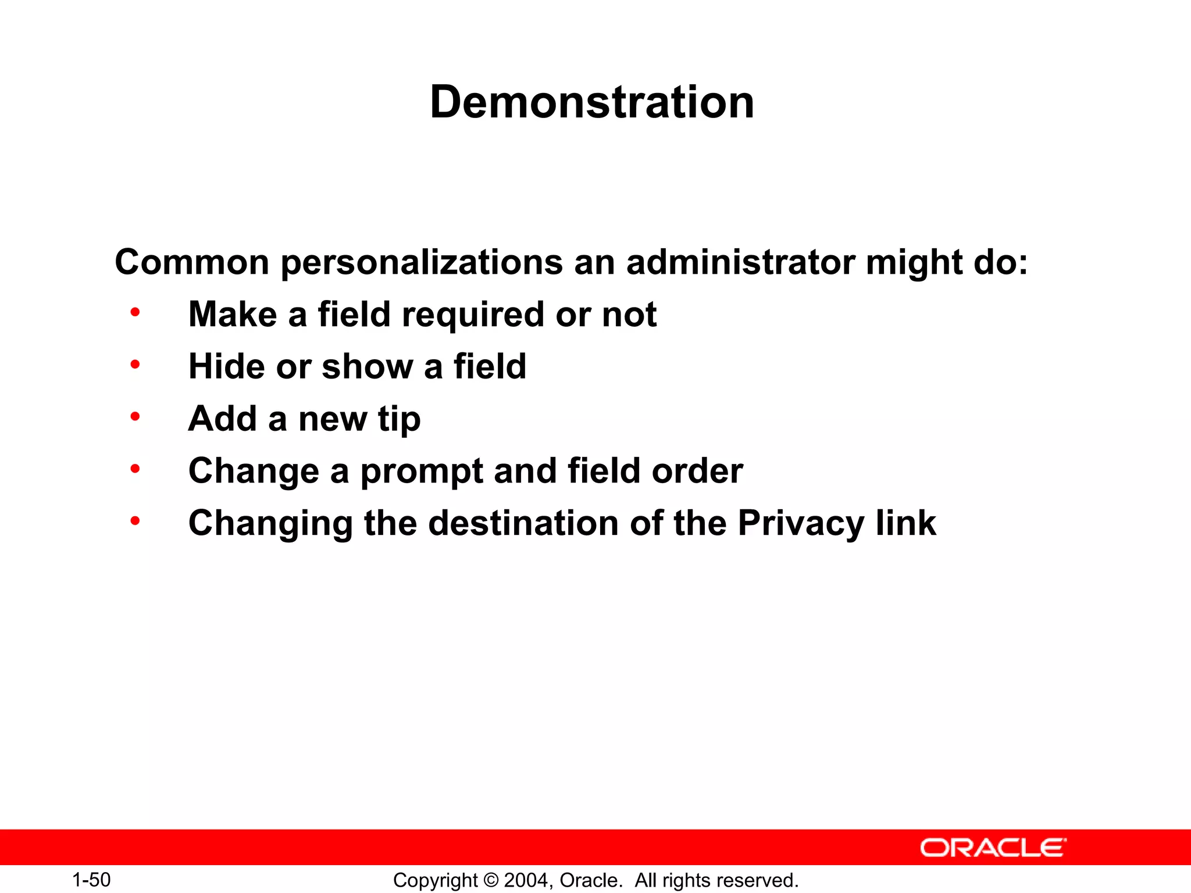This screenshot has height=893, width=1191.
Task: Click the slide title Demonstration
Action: [592, 102]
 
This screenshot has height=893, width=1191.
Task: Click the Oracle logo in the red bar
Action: [993, 848]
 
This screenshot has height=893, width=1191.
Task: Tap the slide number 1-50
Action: [91, 880]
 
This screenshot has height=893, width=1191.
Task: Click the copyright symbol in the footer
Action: [491, 880]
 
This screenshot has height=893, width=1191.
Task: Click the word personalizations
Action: [422, 263]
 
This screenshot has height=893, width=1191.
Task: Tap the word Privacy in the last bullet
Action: [801, 523]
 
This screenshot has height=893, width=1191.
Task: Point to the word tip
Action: [399, 420]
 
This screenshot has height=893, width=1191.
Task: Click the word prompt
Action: [422, 471]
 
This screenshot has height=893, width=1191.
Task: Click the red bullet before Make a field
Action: [135, 313]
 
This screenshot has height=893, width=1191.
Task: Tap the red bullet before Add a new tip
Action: [135, 417]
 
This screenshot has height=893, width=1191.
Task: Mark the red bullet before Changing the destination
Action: [135, 521]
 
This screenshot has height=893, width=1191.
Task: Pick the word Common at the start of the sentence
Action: [192, 262]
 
